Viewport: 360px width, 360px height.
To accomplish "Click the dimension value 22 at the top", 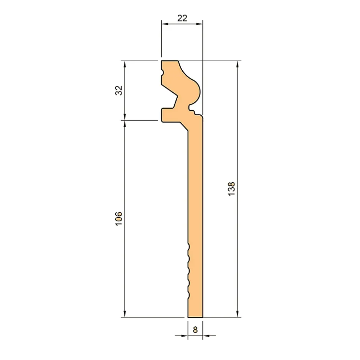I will pos(182,18).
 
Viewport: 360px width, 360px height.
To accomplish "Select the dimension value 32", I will pos(119,90).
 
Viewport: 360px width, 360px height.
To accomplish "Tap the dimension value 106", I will pos(119,218).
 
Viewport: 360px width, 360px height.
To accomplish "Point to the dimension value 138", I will pos(231,189).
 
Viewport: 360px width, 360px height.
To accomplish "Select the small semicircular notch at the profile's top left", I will pos(162,72).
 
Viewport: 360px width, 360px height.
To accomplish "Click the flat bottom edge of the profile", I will pos(195,317).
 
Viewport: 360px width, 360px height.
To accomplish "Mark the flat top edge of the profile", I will pos(170,61).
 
